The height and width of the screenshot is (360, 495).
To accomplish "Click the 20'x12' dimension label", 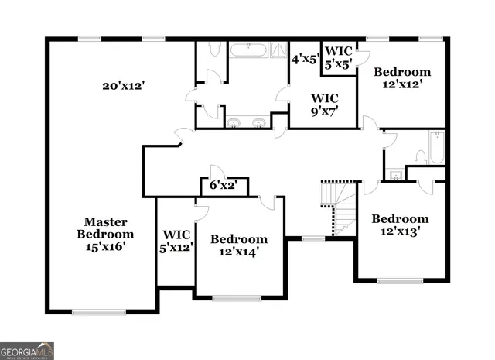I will (123, 85).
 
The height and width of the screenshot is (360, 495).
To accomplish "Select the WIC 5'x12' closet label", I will (176, 241).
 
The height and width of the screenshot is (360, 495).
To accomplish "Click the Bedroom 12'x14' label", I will (239, 245).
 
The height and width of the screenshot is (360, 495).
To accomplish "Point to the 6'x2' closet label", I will (224, 186).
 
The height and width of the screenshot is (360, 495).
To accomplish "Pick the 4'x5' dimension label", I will (306, 58).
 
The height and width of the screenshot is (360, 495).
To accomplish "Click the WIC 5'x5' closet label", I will (338, 58).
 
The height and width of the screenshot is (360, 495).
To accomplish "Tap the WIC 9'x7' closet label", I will (323, 105).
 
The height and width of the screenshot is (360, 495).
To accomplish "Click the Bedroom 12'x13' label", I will (399, 225).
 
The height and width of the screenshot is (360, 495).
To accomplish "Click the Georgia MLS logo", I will (27, 351).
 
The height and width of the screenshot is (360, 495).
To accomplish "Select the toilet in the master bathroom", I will (214, 50).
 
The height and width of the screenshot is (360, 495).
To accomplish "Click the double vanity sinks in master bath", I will (247, 122).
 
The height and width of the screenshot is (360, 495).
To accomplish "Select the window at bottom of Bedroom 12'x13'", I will (400, 280).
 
